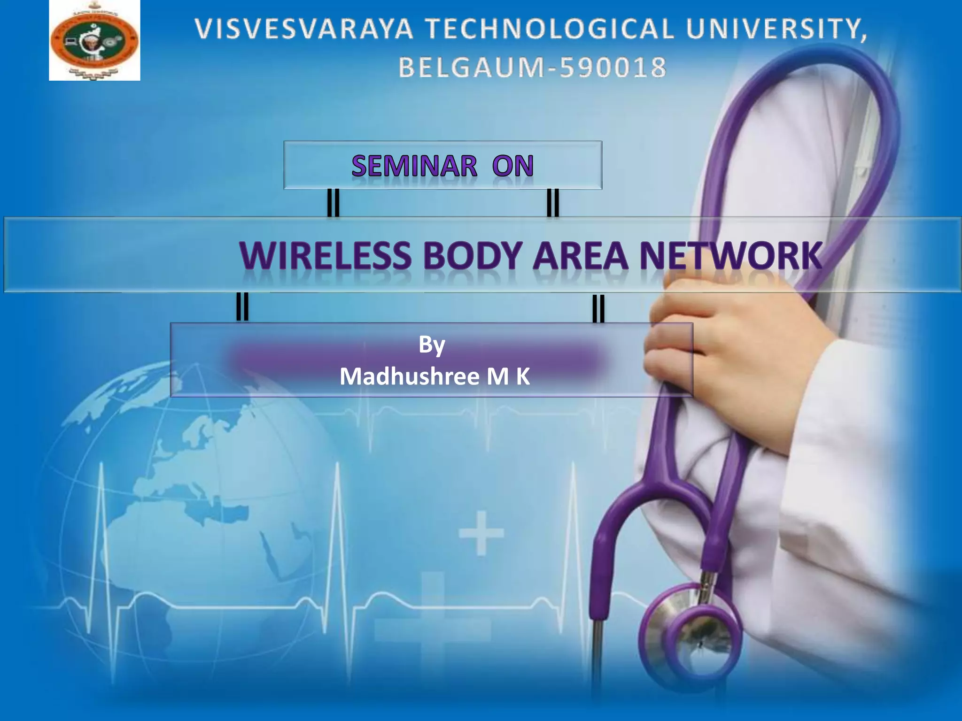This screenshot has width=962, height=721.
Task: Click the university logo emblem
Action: coord(94,40)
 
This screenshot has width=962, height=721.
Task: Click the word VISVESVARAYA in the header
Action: coord(304,29)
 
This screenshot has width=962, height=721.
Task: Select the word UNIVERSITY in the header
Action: coord(775,29)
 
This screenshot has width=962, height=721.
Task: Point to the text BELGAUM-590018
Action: coord(532,67)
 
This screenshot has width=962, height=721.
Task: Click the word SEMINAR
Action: coord(414,166)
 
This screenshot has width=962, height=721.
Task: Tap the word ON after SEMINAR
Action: coord(512,166)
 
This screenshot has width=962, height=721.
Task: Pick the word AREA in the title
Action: coord(580,256)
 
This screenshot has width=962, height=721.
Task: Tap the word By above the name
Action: coord(432,345)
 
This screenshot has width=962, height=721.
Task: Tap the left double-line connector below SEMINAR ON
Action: coord(333,203)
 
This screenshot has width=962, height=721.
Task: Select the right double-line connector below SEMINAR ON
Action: coord(553,203)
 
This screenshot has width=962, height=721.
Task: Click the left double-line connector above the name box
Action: coord(242,307)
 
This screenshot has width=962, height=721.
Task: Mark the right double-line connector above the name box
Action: coord(598,308)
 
